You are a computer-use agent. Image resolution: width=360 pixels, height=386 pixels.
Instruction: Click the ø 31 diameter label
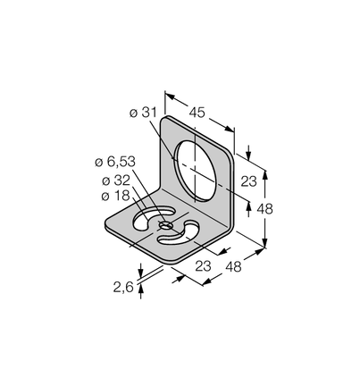pos(143,113)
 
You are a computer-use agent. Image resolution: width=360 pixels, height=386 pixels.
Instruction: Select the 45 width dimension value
pos(197,113)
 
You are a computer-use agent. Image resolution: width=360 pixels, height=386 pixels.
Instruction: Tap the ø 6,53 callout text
pos(115,162)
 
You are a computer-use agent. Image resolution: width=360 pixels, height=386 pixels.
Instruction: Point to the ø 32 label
pos(116,180)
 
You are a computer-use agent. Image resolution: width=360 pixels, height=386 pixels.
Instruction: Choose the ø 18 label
pos(115,196)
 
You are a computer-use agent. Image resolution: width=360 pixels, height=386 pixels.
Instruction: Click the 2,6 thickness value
pos(123,288)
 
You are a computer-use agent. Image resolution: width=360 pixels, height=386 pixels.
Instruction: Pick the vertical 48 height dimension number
pos(264,208)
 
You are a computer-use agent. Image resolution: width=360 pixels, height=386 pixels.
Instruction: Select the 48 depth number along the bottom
pos(233,266)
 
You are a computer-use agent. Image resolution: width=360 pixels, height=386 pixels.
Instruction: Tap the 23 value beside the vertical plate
pos(248,181)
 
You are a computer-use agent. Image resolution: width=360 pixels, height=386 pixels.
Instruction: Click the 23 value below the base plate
pos(203,265)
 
